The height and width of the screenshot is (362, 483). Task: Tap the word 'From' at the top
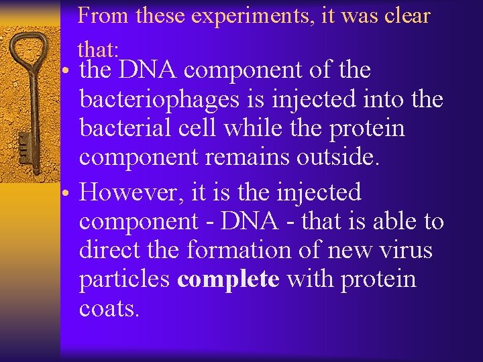pos(105,15)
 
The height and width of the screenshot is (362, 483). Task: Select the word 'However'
pos(129,192)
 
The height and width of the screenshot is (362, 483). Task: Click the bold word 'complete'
pos(228,280)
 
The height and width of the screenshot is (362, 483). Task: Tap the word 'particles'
pos(124,280)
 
